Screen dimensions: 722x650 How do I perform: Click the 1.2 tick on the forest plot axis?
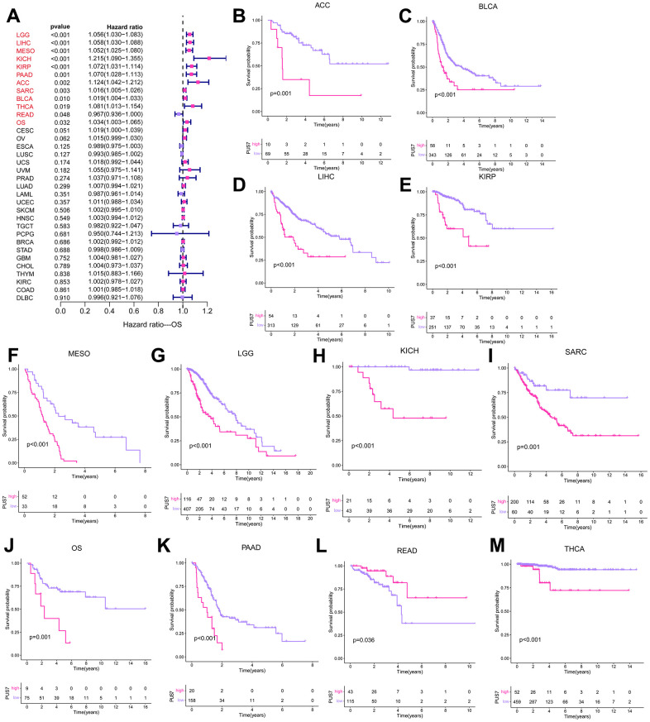pyautogui.click(x=208, y=312)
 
